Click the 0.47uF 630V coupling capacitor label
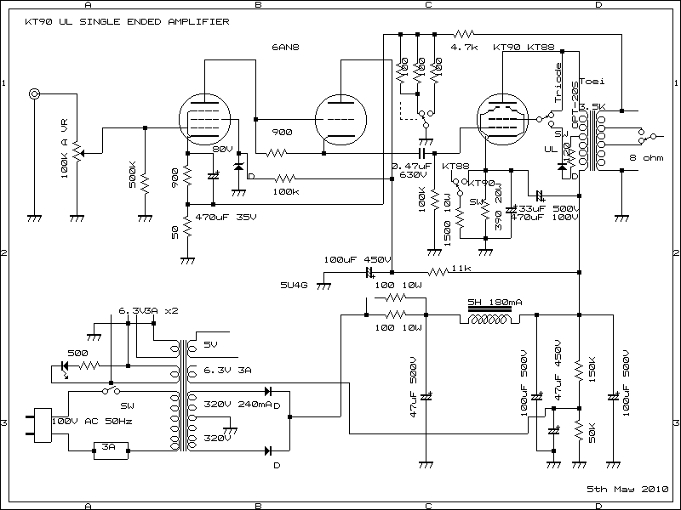[406, 170]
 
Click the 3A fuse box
[109, 445]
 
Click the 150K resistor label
[591, 371]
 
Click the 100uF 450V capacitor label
[357, 259]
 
